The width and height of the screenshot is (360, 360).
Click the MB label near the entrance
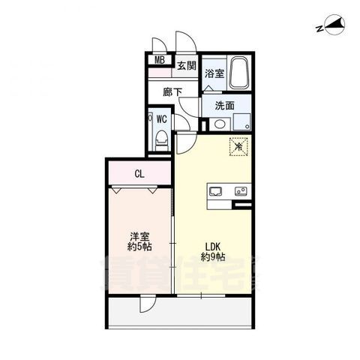pyautogui.click(x=160, y=62)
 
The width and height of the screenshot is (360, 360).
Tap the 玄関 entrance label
pyautogui.click(x=187, y=65)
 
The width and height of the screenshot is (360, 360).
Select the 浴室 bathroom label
pyautogui.click(x=214, y=73)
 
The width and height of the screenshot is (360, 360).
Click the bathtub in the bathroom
pyautogui.click(x=240, y=72)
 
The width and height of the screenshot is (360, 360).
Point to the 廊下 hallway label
pyautogui.click(x=173, y=92)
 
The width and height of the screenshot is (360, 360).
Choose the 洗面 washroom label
pyautogui.click(x=215, y=106)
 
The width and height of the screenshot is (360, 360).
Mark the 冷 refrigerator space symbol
pyautogui.click(x=238, y=147)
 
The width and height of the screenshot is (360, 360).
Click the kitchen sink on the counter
pyautogui.click(x=215, y=190)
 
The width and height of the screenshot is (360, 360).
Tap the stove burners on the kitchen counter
pyautogui.click(x=241, y=190)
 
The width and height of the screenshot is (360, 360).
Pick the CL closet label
pyautogui.click(x=139, y=175)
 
